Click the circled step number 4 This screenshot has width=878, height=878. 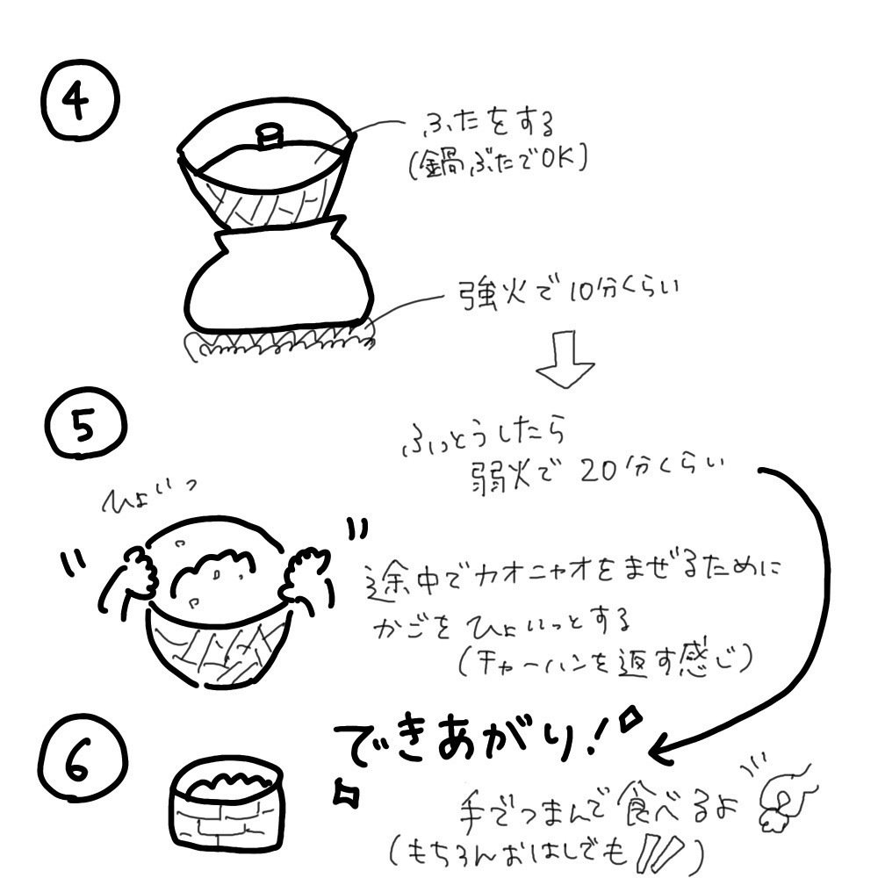[x=80, y=100]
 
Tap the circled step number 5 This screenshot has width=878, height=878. [x=85, y=424]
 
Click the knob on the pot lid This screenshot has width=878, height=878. [x=270, y=136]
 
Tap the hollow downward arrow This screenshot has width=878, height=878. [x=565, y=359]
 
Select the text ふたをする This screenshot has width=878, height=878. [x=489, y=124]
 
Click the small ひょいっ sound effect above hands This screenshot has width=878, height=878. [x=148, y=496]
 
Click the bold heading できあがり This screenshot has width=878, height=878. [x=460, y=740]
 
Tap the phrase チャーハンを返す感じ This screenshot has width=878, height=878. [x=606, y=661]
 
